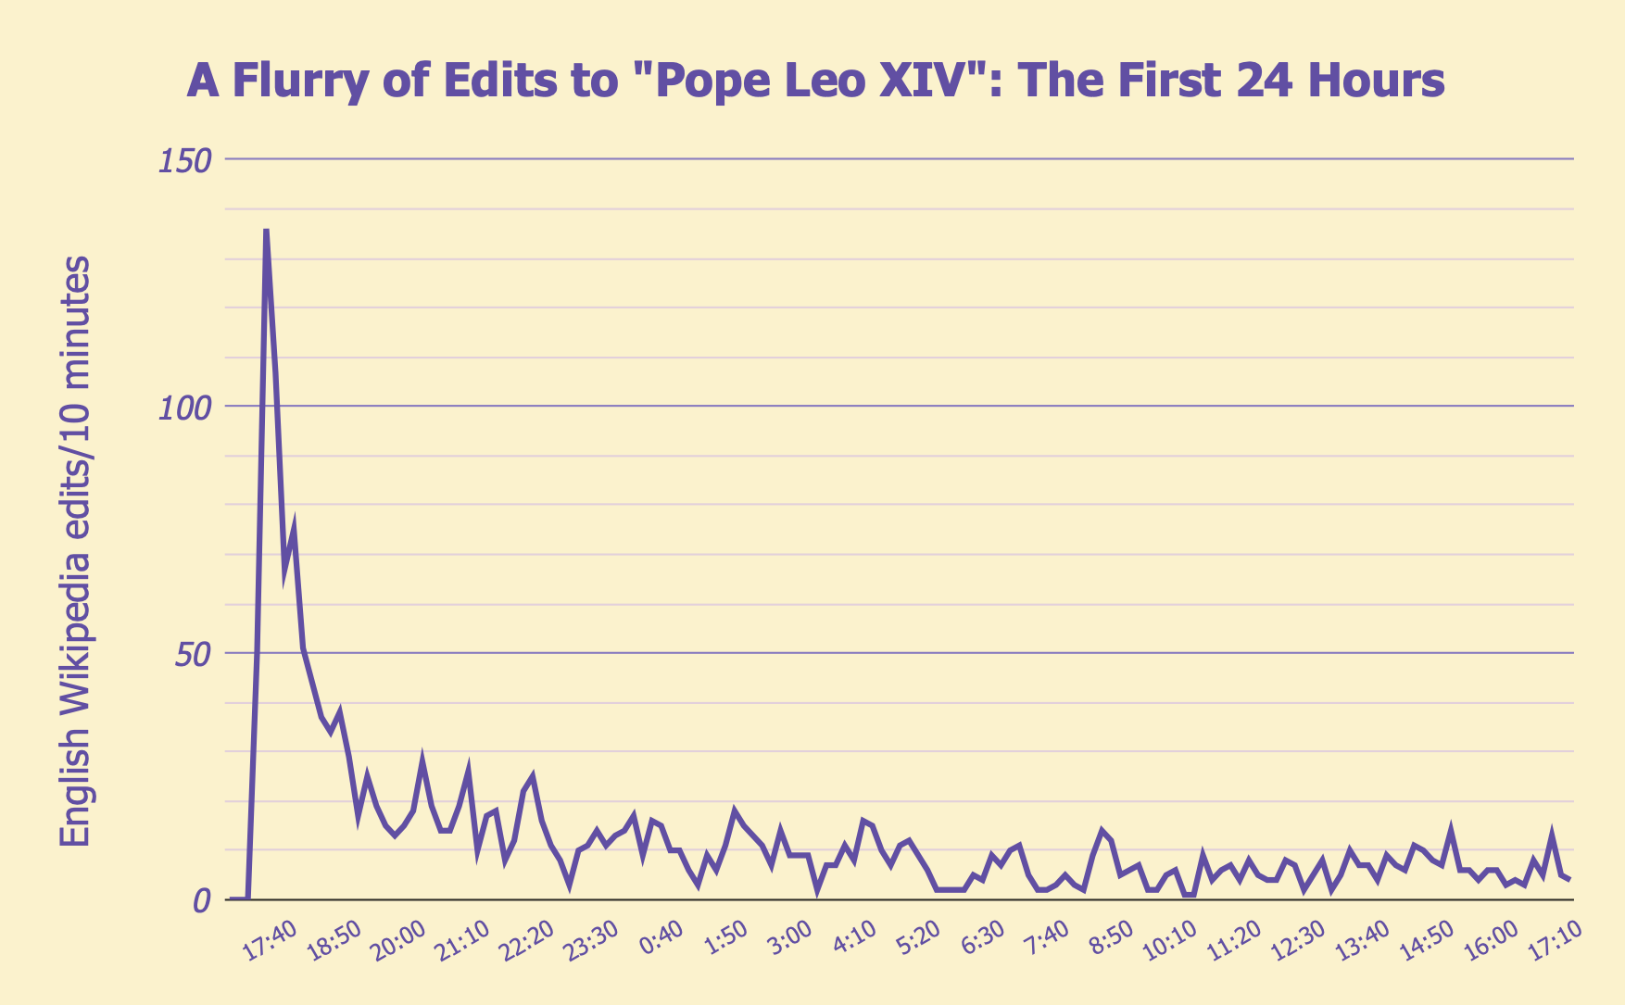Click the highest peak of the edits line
point(266,230)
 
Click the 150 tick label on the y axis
point(184,160)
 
